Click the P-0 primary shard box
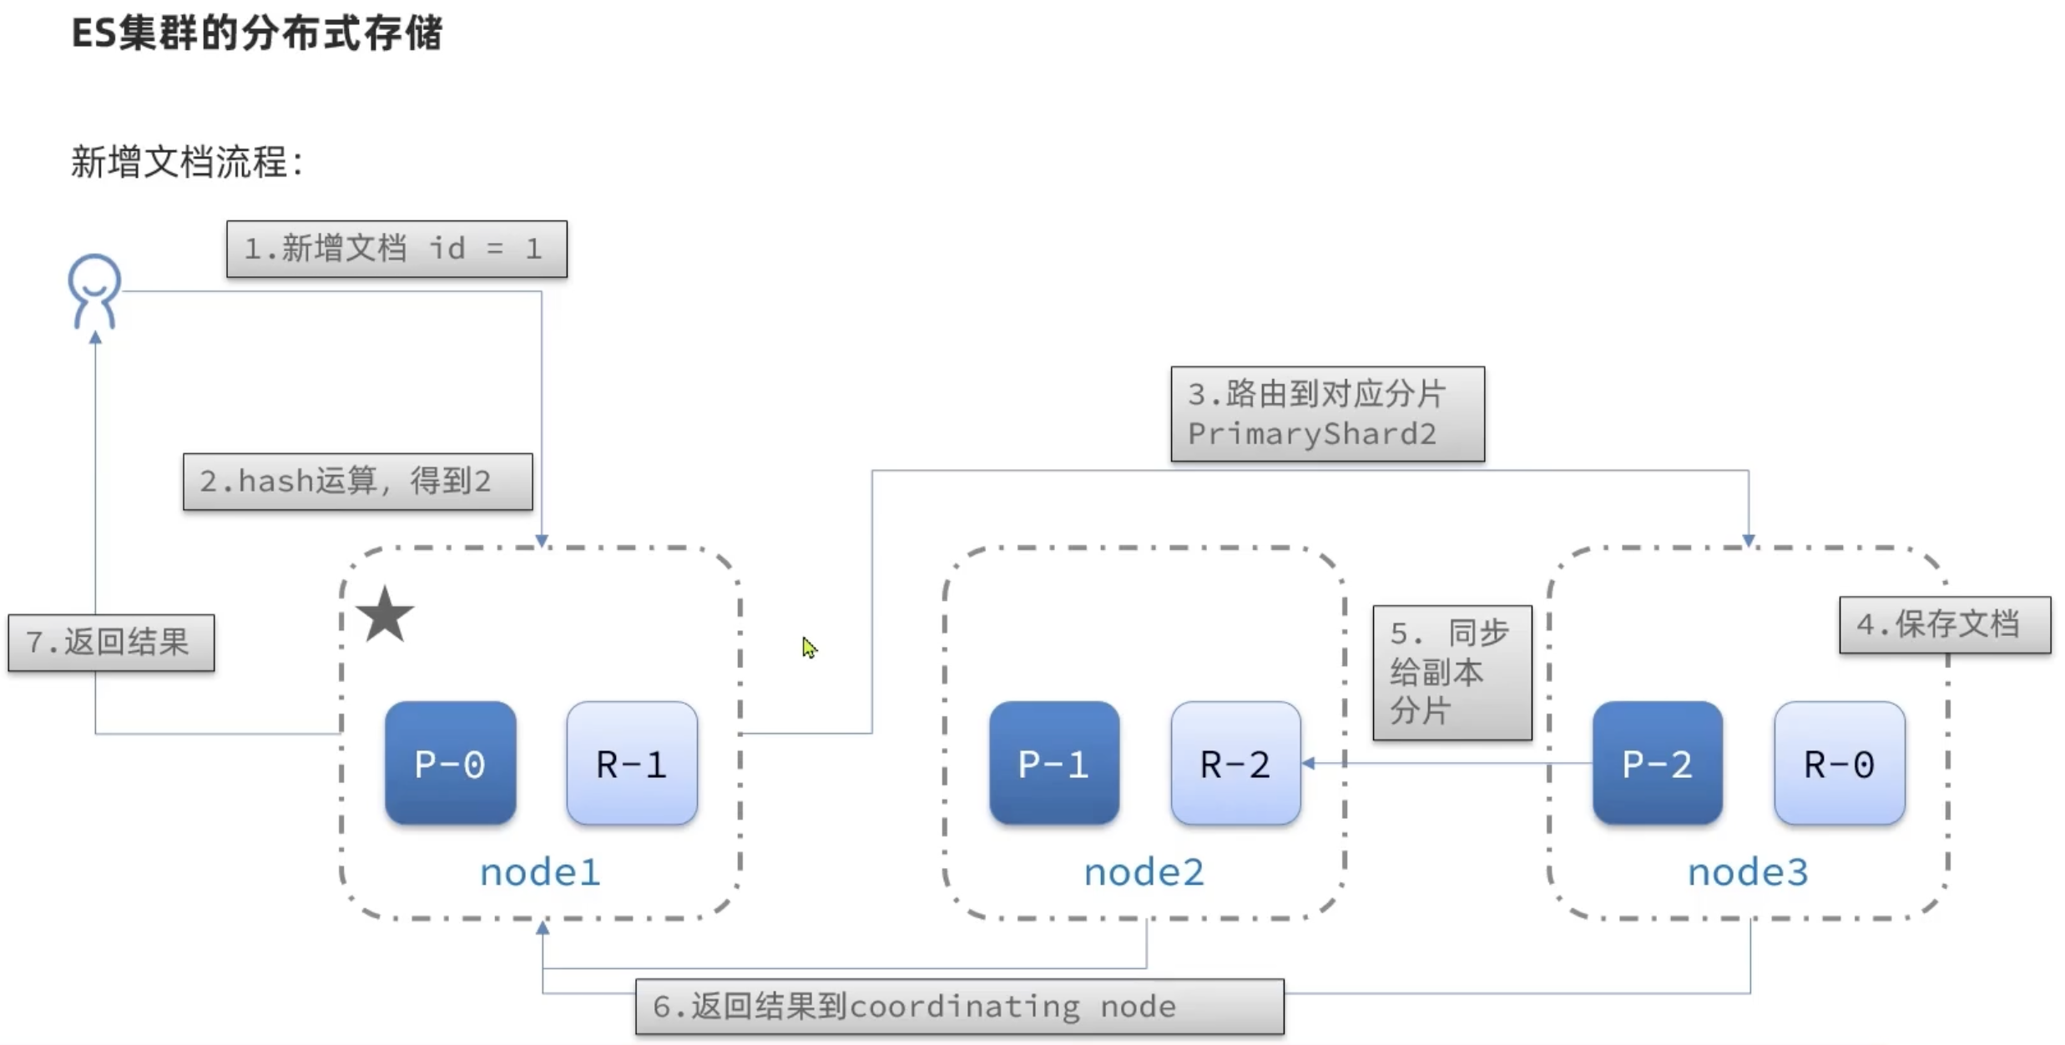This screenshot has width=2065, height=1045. pyautogui.click(x=450, y=763)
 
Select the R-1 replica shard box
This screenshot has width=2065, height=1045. pyautogui.click(x=632, y=763)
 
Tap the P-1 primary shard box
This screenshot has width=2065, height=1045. pyautogui.click(x=1054, y=763)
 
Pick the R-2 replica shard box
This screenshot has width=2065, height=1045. pyautogui.click(x=1235, y=763)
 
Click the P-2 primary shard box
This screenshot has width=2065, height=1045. pyautogui.click(x=1657, y=763)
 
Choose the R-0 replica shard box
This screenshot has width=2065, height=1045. pyautogui.click(x=1840, y=763)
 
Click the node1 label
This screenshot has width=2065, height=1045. pyautogui.click(x=539, y=873)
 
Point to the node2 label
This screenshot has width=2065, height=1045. pyautogui.click(x=1144, y=873)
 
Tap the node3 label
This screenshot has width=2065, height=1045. pyautogui.click(x=1748, y=873)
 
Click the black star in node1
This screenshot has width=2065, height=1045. pyautogui.click(x=385, y=615)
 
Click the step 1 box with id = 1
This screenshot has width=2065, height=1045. pyautogui.click(x=396, y=249)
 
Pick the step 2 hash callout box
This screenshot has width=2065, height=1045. pyautogui.click(x=357, y=482)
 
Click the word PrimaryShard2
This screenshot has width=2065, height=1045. pyautogui.click(x=1311, y=434)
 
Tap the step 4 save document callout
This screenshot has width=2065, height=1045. pyautogui.click(x=1945, y=624)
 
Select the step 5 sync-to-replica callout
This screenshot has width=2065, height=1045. pyautogui.click(x=1452, y=672)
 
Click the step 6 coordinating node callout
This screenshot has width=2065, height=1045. pyautogui.click(x=959, y=1007)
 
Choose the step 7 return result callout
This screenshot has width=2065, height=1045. pyautogui.click(x=111, y=643)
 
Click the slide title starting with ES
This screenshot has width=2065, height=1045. pyautogui.click(x=256, y=34)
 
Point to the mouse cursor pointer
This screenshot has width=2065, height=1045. pyautogui.click(x=808, y=647)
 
